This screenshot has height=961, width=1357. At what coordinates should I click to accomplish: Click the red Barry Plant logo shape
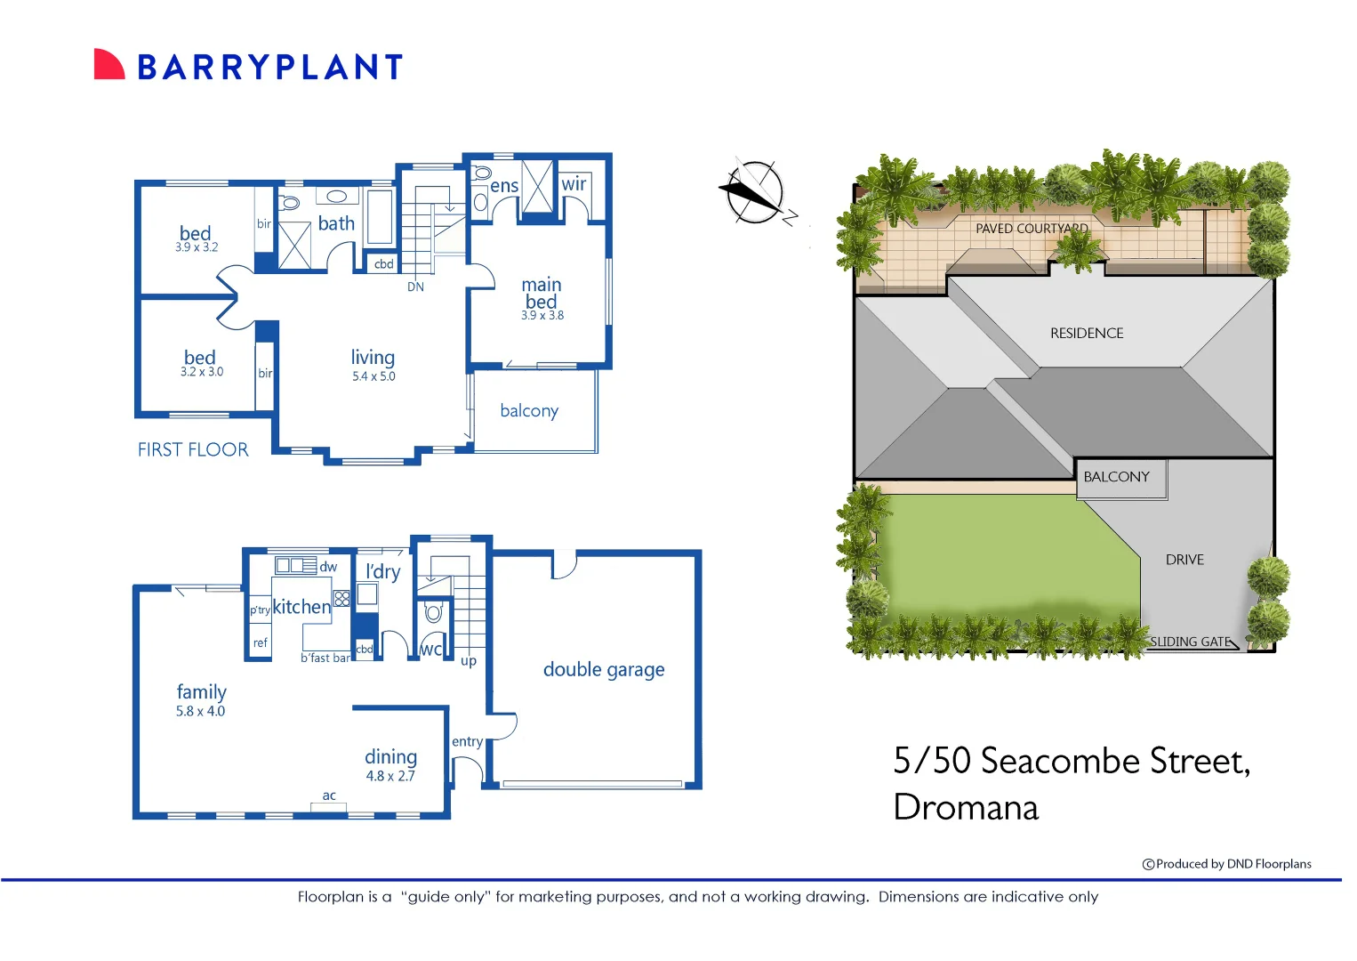108,65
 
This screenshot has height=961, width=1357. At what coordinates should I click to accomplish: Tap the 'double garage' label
604,670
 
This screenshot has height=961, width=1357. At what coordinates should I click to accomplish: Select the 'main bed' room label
542,294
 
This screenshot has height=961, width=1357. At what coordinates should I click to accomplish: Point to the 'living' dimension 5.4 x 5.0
373,376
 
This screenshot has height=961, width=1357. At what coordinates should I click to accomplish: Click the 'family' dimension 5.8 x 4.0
200,711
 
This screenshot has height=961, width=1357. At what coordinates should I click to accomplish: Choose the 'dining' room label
390,756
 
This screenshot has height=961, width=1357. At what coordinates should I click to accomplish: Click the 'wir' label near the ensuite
574,184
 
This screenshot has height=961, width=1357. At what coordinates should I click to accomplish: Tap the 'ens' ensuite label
504,186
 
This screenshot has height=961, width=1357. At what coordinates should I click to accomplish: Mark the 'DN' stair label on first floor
415,287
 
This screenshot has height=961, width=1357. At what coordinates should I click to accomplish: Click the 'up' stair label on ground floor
469,661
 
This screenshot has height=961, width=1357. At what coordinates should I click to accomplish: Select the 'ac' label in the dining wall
329,795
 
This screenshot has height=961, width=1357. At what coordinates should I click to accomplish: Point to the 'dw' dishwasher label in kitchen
328,567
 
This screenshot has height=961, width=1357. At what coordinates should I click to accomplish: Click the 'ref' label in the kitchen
260,642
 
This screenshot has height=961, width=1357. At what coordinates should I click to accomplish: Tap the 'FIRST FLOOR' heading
193,450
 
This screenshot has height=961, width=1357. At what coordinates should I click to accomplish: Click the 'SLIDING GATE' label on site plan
1190,642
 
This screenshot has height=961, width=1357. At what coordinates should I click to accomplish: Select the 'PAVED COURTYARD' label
1032,229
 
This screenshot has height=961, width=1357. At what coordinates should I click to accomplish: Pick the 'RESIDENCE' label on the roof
1087,334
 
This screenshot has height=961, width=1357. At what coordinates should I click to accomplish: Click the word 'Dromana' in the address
966,808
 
